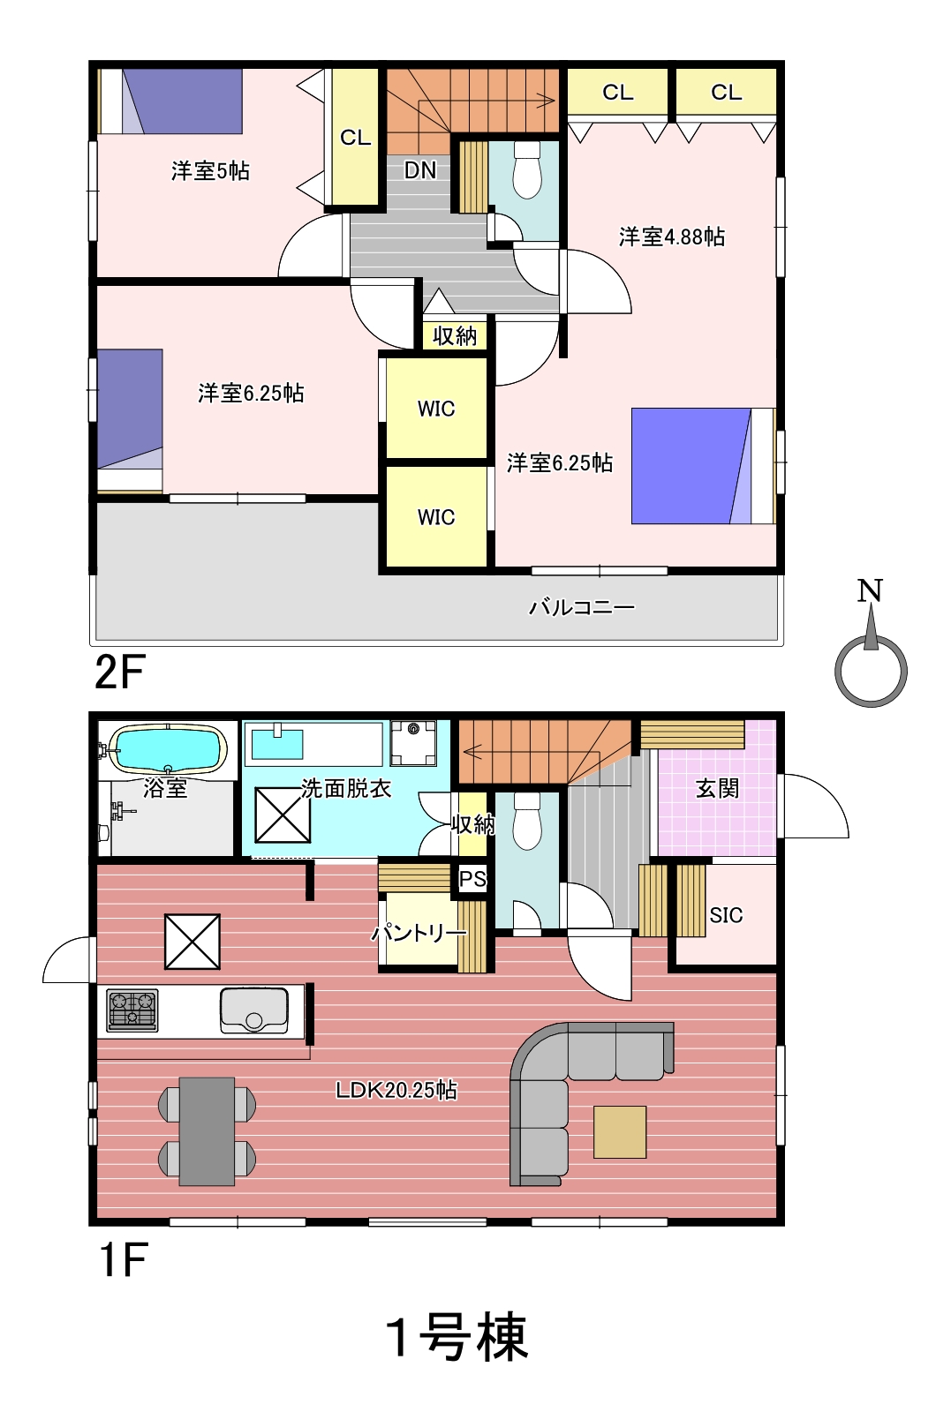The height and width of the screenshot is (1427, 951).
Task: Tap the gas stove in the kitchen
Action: coord(132,1010)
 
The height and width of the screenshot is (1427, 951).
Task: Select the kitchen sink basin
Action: coord(253,1010)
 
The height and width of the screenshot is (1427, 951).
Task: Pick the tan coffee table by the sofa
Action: coord(620,1131)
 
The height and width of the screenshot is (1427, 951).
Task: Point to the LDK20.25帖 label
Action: coord(396,1090)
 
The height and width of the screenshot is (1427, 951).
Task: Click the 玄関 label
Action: coord(717,789)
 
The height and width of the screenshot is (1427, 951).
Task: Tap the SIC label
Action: coord(726,915)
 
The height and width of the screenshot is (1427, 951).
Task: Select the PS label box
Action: coord(473,879)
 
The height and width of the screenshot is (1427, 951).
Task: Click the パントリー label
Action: coord(419,934)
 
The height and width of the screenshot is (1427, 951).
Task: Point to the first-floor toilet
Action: coord(527,821)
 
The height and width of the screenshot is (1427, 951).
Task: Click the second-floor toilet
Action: coord(527,169)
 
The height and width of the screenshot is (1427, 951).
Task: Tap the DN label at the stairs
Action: coord(420,170)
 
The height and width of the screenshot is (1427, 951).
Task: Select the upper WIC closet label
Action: coord(436,409)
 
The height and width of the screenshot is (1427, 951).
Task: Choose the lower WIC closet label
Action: coord(436,516)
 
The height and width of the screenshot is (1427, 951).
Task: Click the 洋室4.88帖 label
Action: coord(672,237)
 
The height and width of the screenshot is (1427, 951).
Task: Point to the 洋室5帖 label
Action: coord(210,170)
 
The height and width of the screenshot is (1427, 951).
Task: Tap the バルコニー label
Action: coord(582,607)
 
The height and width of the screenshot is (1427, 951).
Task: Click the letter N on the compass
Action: coord(870,591)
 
